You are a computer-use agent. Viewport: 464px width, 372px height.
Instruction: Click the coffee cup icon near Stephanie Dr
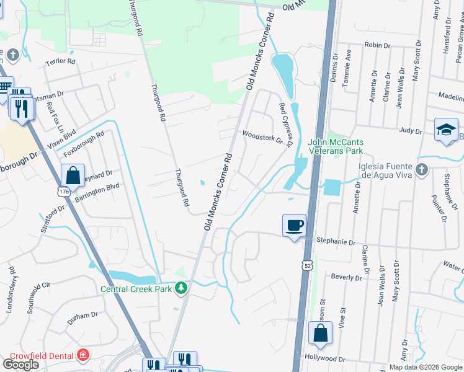pos(294,224)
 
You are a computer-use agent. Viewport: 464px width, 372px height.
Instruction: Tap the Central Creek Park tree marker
pos(181,288)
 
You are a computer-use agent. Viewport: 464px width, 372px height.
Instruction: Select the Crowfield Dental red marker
pos(83,355)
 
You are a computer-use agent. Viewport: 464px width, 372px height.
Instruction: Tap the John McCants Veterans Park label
pos(336,146)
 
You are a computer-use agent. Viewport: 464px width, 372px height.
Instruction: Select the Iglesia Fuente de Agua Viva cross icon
pos(421,169)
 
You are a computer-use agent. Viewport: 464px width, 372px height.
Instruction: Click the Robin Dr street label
pos(377,45)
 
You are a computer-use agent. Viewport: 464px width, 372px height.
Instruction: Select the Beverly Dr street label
pos(346,277)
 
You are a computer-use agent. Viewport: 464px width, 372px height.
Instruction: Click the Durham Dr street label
pos(83,316)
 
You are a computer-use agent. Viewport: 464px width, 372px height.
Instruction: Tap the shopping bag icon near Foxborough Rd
pos(73,174)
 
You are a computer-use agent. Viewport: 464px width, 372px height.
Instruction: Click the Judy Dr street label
pos(411,131)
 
